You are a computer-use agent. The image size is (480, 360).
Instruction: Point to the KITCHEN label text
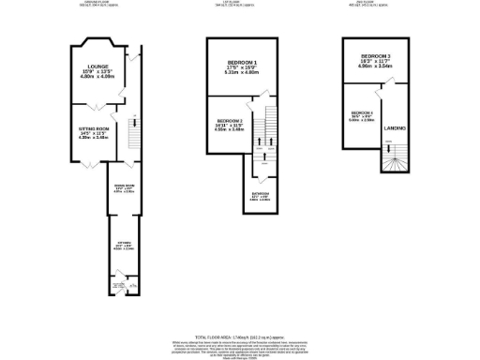(124, 243)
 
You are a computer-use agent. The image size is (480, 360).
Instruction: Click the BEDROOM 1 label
(242, 62)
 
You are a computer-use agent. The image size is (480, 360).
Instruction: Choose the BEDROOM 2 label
(230, 122)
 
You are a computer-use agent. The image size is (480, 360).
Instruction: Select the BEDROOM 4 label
(361, 112)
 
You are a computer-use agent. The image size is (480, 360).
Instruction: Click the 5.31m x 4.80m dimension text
(242, 72)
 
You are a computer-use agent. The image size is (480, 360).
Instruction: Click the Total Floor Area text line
(241, 335)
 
